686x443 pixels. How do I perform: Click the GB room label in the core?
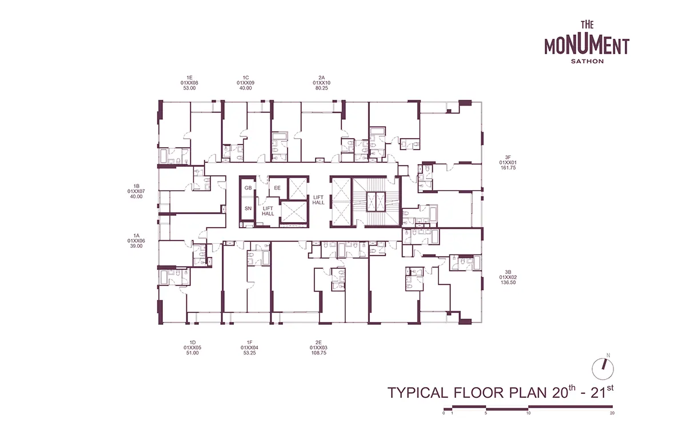[x=248, y=188]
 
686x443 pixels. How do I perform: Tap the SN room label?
[x=248, y=208]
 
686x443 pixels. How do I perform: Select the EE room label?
[x=277, y=188]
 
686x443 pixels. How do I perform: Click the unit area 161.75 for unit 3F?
[x=508, y=168]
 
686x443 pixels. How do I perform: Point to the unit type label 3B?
[x=508, y=272]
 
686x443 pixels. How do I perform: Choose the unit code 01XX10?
[x=321, y=83]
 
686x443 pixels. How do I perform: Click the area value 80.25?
[x=321, y=88]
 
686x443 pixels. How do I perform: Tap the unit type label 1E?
[x=189, y=78]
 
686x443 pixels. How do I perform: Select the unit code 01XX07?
[x=136, y=191]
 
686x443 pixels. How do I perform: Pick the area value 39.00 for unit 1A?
[x=136, y=246]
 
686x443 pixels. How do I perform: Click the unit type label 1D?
[x=192, y=343]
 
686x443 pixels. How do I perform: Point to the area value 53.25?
[x=250, y=353]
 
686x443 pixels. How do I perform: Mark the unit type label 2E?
[x=319, y=343]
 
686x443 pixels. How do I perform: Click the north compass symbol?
[x=603, y=369]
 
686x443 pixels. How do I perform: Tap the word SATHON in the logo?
[x=587, y=61]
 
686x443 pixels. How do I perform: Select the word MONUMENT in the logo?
[x=587, y=46]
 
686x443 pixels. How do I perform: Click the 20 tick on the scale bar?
[x=612, y=413]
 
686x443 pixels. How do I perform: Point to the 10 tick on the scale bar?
[x=528, y=413]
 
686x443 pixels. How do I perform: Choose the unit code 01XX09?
[x=245, y=83]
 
